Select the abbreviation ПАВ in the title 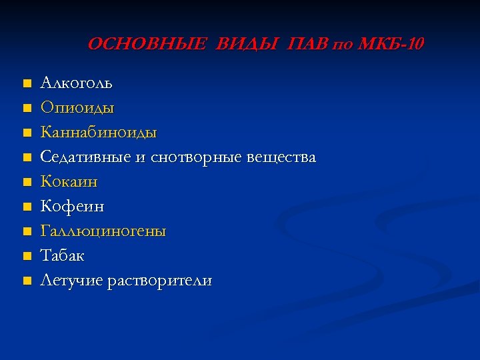pyautogui.click(x=308, y=45)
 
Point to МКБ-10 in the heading pyautogui.click(x=390, y=45)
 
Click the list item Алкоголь pyautogui.click(x=77, y=83)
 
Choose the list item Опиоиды pyautogui.click(x=77, y=108)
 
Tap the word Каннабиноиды pyautogui.click(x=99, y=133)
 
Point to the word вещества pyautogui.click(x=281, y=157)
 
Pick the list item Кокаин pyautogui.click(x=69, y=182)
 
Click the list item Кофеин pyautogui.click(x=73, y=207)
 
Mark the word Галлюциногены pyautogui.click(x=103, y=231)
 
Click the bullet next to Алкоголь pyautogui.click(x=26, y=84)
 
